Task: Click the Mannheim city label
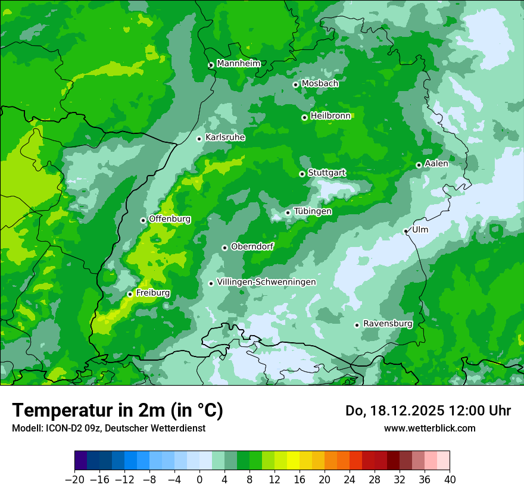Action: pyautogui.click(x=238, y=64)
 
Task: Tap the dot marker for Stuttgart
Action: pyautogui.click(x=302, y=174)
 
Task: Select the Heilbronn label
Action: pyautogui.click(x=330, y=116)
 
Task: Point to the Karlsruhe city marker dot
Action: pyautogui.click(x=199, y=139)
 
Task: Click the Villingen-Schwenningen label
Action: pyautogui.click(x=266, y=282)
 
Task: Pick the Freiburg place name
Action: pyautogui.click(x=152, y=293)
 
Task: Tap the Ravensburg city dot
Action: pyautogui.click(x=357, y=325)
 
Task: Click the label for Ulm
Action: pyautogui.click(x=420, y=230)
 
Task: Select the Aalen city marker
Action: pyautogui.click(x=419, y=165)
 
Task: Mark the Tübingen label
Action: pyautogui.click(x=313, y=211)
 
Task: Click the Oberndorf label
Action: pyautogui.click(x=252, y=246)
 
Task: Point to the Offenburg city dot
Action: pyautogui.click(x=143, y=220)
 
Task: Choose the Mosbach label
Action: pyautogui.click(x=320, y=84)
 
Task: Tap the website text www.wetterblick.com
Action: pyautogui.click(x=429, y=429)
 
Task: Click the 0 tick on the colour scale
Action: pyautogui.click(x=199, y=480)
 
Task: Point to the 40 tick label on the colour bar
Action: pyautogui.click(x=450, y=480)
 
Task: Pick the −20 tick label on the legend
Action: pyautogui.click(x=74, y=480)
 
